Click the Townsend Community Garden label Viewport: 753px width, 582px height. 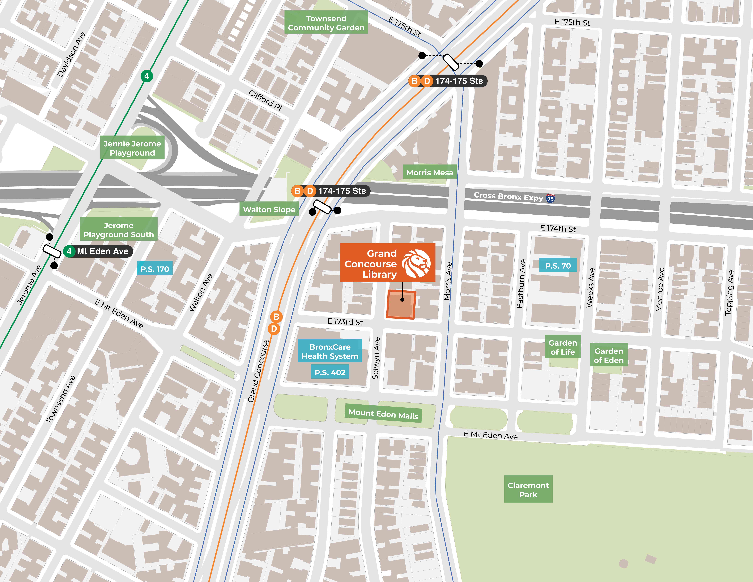click(326, 23)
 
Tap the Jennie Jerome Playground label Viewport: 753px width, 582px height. click(132, 148)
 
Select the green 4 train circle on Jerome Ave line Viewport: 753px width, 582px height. click(146, 76)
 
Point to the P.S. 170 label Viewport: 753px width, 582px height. click(154, 269)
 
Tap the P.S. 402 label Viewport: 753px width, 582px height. click(330, 372)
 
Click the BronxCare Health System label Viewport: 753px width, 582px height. click(330, 351)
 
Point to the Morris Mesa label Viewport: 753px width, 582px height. click(430, 172)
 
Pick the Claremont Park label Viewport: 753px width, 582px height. click(528, 490)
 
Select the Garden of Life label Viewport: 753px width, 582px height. click(563, 347)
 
